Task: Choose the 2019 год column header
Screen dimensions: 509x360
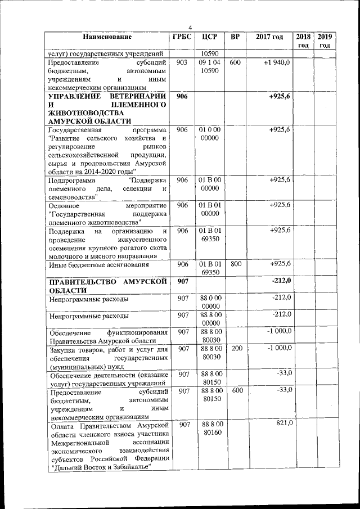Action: [325, 41]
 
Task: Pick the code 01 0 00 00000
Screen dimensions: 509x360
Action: [209, 134]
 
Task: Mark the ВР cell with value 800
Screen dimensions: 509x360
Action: [236, 263]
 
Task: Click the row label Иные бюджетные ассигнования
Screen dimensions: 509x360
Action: [98, 264]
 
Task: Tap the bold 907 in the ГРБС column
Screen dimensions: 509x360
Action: [182, 281]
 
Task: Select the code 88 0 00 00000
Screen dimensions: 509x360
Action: [209, 301]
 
